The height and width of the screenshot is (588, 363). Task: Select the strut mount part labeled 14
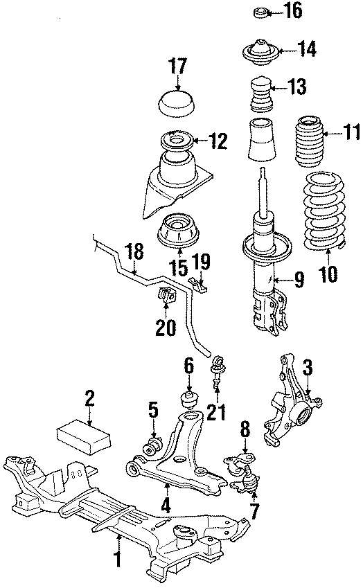263,53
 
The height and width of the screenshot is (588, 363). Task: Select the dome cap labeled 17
177,105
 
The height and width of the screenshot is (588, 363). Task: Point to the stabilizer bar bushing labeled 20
168,295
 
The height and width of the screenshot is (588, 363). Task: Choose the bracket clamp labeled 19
198,283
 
